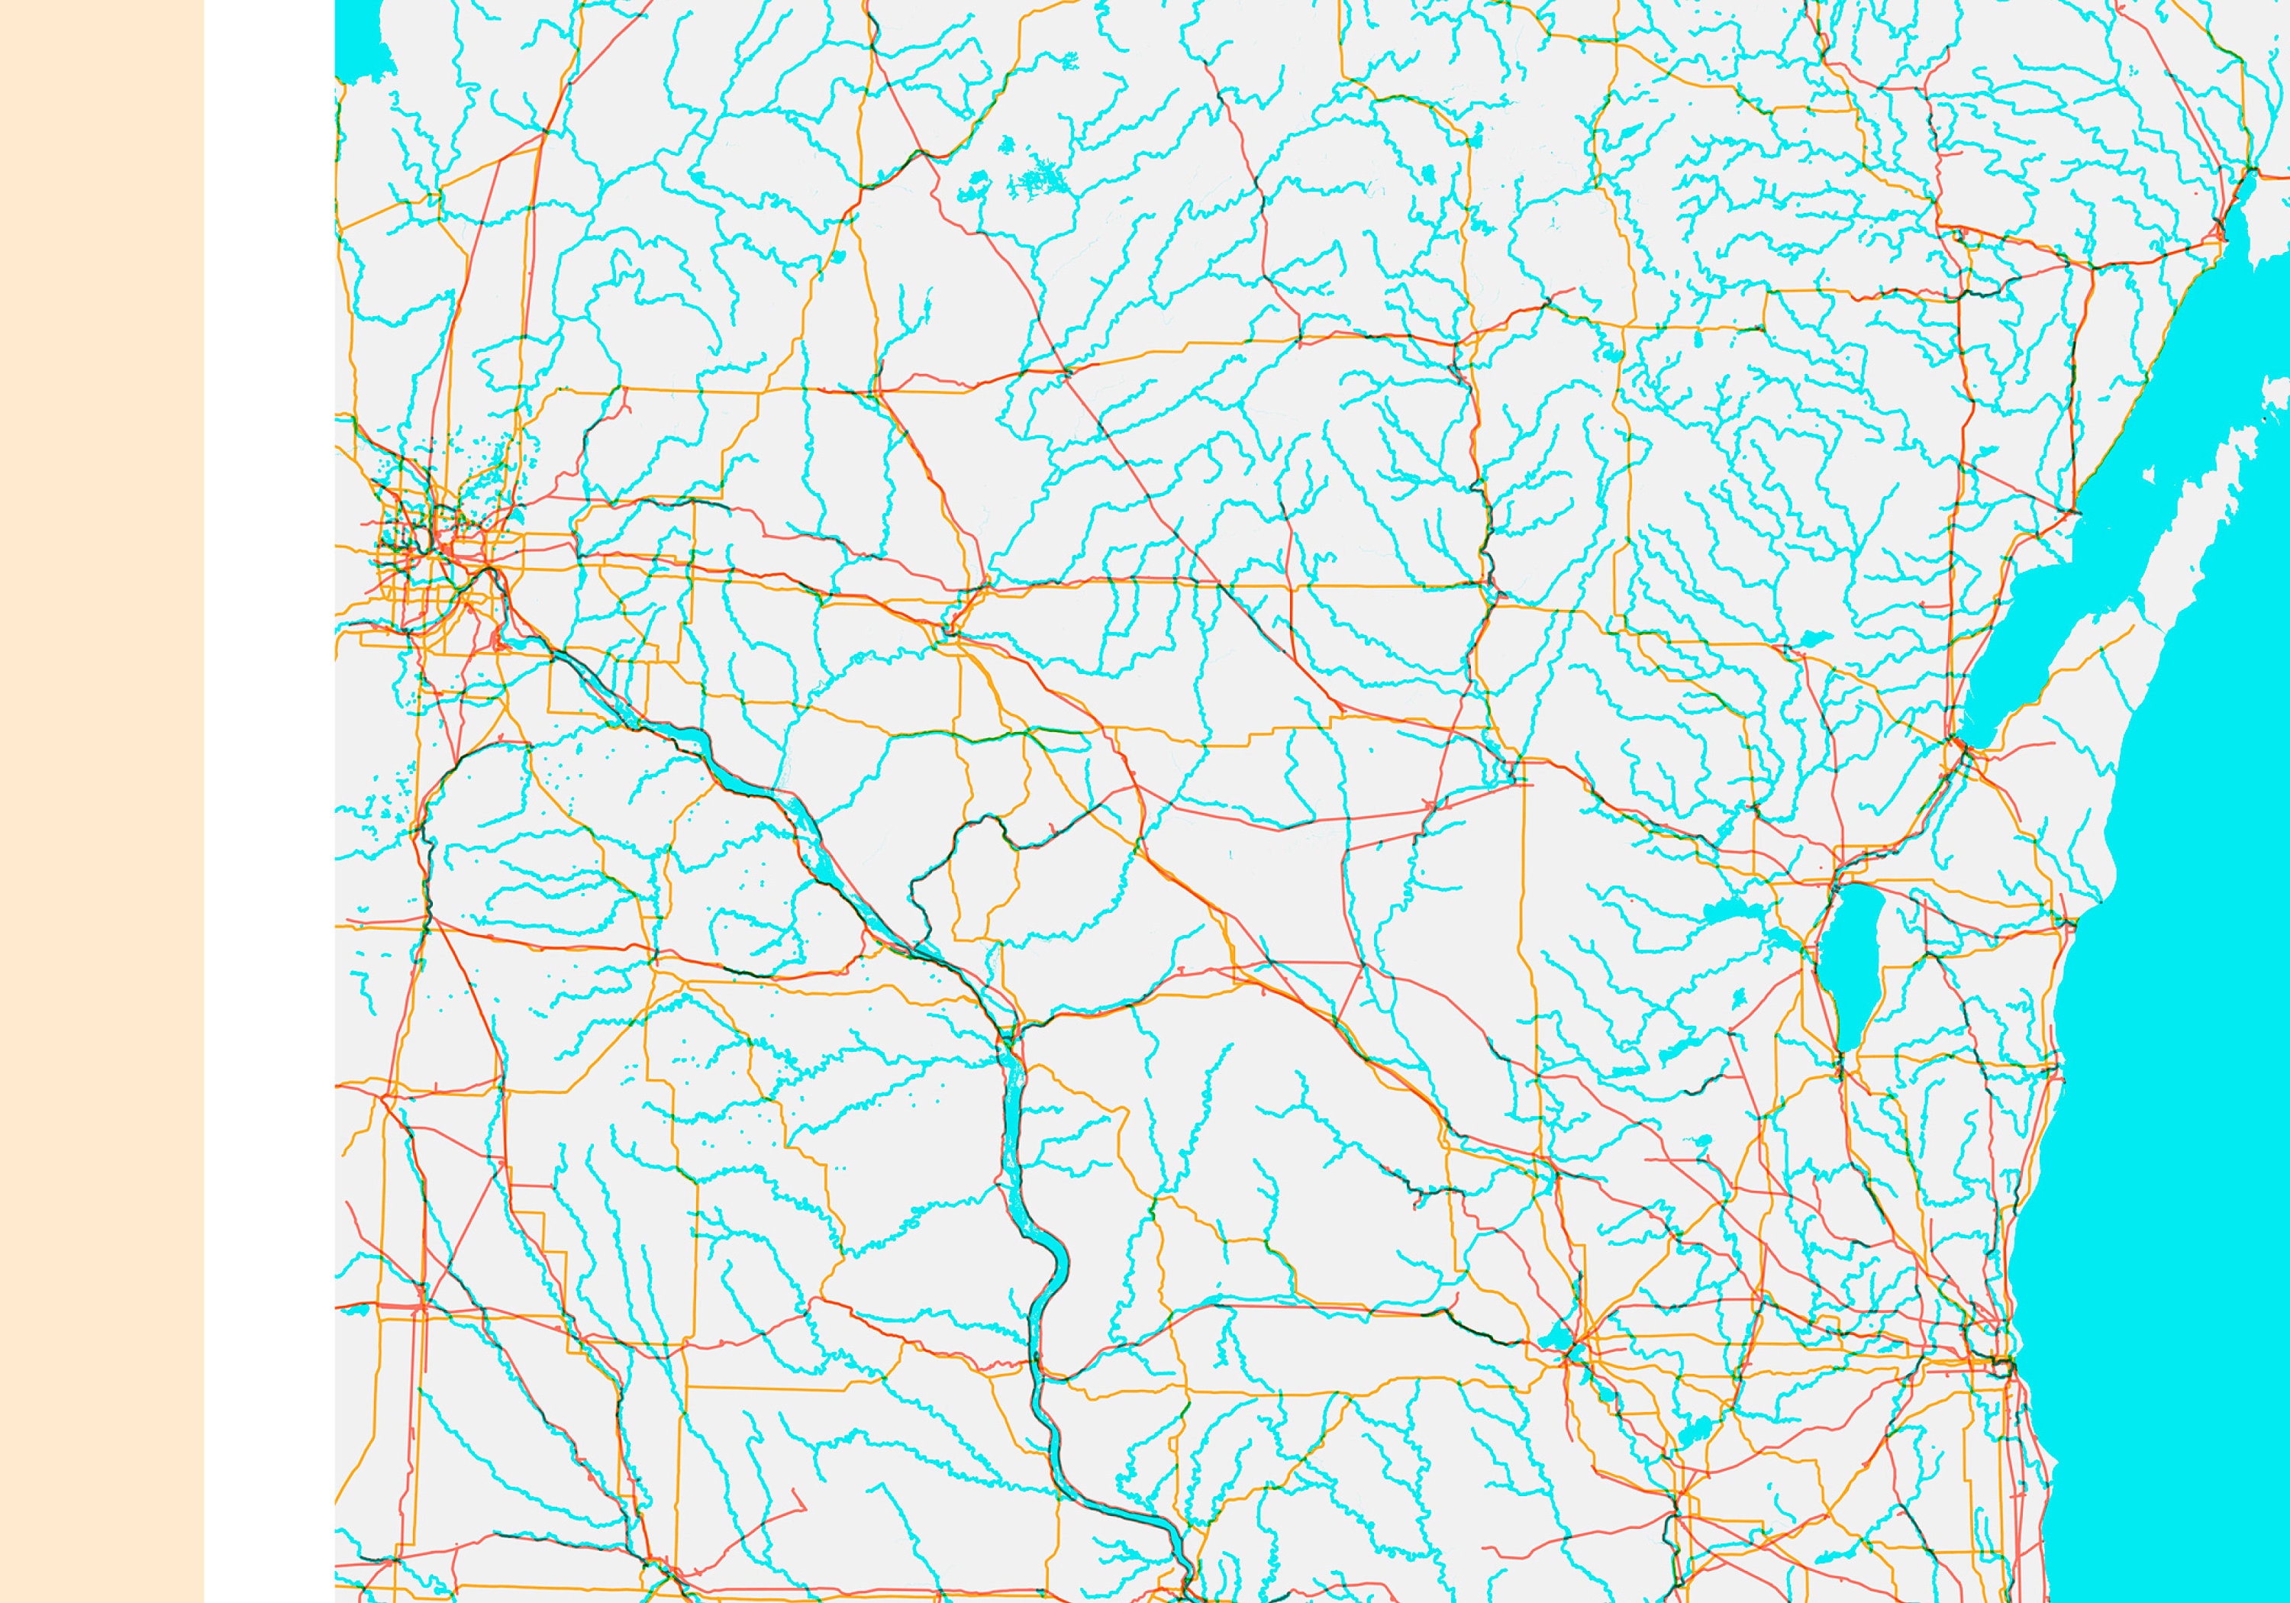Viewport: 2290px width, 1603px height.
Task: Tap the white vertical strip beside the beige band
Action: (x=269, y=798)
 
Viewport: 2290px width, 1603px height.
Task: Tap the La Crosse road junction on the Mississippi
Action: (x=1008, y=1037)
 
